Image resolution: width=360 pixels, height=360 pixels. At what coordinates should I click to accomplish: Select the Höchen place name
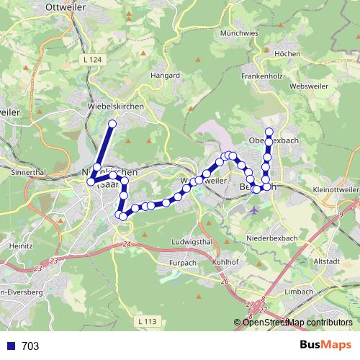[287, 54]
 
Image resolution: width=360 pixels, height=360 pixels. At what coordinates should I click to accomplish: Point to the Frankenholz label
[261, 76]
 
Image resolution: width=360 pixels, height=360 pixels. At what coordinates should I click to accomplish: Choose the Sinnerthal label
[29, 174]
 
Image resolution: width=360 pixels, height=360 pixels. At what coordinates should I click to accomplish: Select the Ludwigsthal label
[191, 241]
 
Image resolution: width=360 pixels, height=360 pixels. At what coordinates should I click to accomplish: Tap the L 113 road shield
[145, 320]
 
